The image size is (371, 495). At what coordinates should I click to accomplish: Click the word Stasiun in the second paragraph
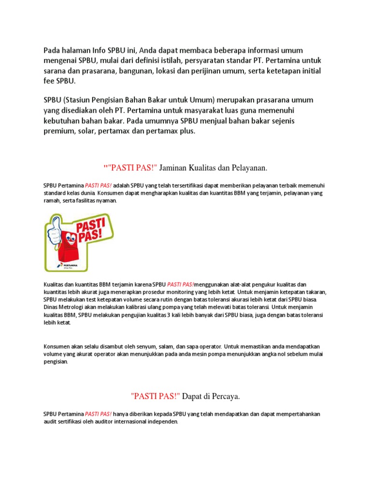[82, 100]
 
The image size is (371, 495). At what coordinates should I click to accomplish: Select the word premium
[59, 131]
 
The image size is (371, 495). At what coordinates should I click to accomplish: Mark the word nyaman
[108, 201]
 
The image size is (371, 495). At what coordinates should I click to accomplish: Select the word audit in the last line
[50, 422]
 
